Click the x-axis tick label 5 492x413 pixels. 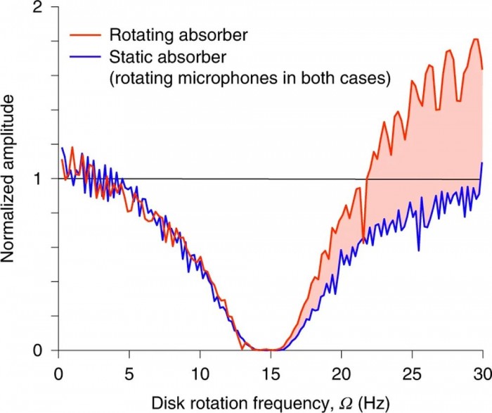pos(129,369)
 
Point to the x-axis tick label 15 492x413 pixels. pos(271,369)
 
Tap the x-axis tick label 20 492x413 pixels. pos(342,369)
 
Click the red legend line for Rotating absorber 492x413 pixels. pos(84,34)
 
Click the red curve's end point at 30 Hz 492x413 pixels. pos(482,69)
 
